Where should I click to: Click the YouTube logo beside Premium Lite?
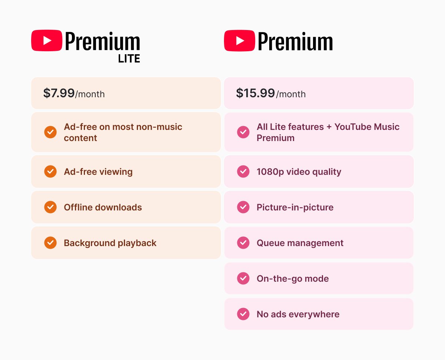(x=47, y=40)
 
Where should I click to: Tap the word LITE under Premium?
(x=129, y=59)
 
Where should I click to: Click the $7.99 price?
(x=59, y=93)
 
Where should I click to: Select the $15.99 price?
(x=255, y=93)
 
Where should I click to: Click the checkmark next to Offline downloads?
(x=50, y=207)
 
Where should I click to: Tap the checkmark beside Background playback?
(x=50, y=243)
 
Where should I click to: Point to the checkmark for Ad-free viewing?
(x=50, y=171)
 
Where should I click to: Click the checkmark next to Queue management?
(x=243, y=243)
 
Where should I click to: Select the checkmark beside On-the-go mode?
(x=243, y=278)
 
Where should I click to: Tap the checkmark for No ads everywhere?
(x=243, y=314)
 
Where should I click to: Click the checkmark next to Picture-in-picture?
(x=243, y=207)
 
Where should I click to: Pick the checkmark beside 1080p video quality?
(x=243, y=171)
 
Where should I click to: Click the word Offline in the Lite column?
(x=78, y=207)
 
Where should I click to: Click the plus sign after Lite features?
(x=329, y=127)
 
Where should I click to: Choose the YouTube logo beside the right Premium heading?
(x=240, y=40)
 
